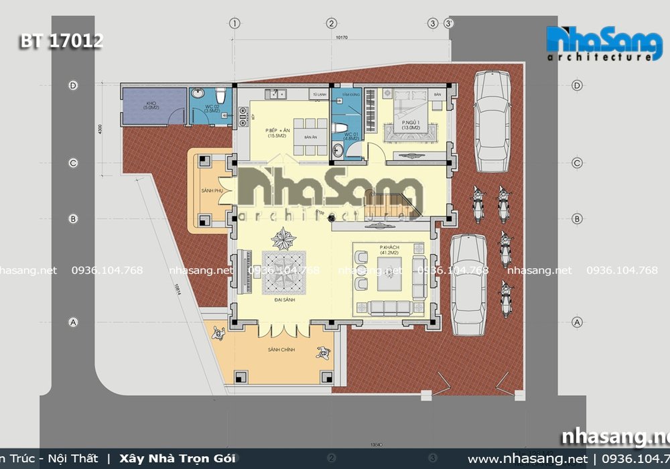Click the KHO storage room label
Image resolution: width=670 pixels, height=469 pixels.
coord(150,105)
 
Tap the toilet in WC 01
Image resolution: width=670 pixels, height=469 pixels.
coord(341,127)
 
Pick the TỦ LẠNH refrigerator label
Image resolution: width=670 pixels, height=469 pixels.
coord(320,94)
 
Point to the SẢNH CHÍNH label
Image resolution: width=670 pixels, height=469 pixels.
coord(277,350)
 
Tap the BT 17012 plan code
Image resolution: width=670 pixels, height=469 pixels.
coord(61,41)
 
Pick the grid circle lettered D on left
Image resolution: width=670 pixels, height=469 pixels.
coord(72,85)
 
